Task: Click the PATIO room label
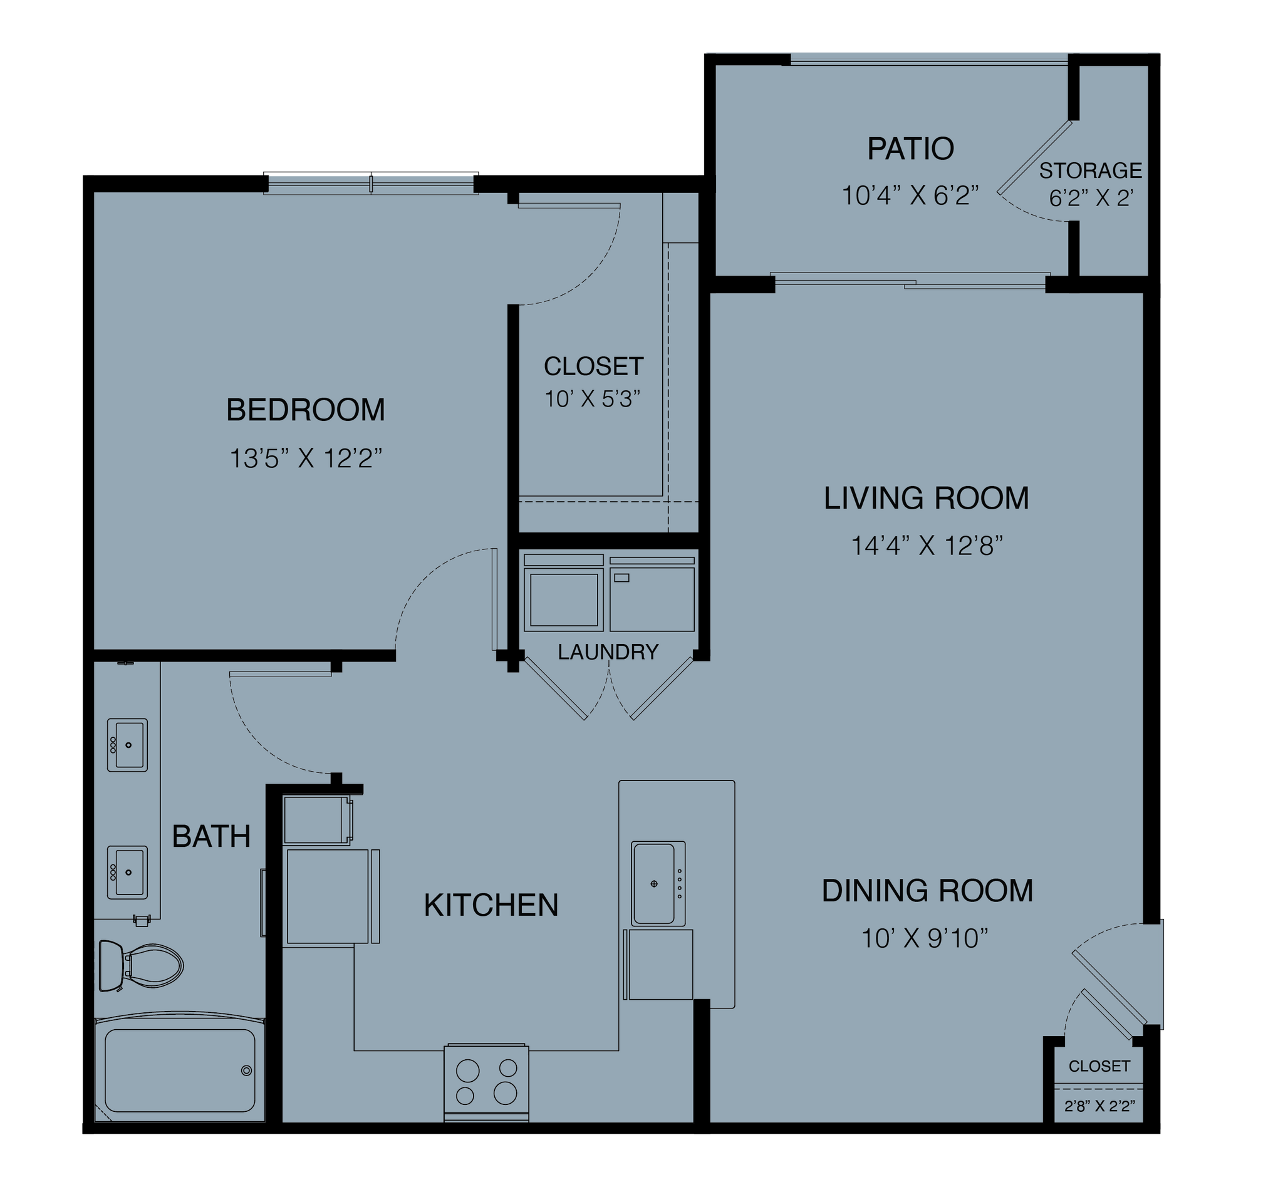coord(910,148)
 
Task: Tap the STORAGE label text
coord(1091,170)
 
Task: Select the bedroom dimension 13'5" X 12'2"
coord(306,459)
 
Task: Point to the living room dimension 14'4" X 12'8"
coord(926,546)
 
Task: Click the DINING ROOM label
coord(927,891)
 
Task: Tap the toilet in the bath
coord(141,965)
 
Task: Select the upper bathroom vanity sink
coord(127,745)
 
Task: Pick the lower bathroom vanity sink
coord(127,872)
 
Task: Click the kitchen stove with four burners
coord(487,1082)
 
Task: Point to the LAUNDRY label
coord(608,652)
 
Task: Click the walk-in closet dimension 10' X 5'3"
coord(592,400)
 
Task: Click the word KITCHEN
coord(491,905)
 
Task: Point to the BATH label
coord(211,837)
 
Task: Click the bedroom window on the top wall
coord(371,184)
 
